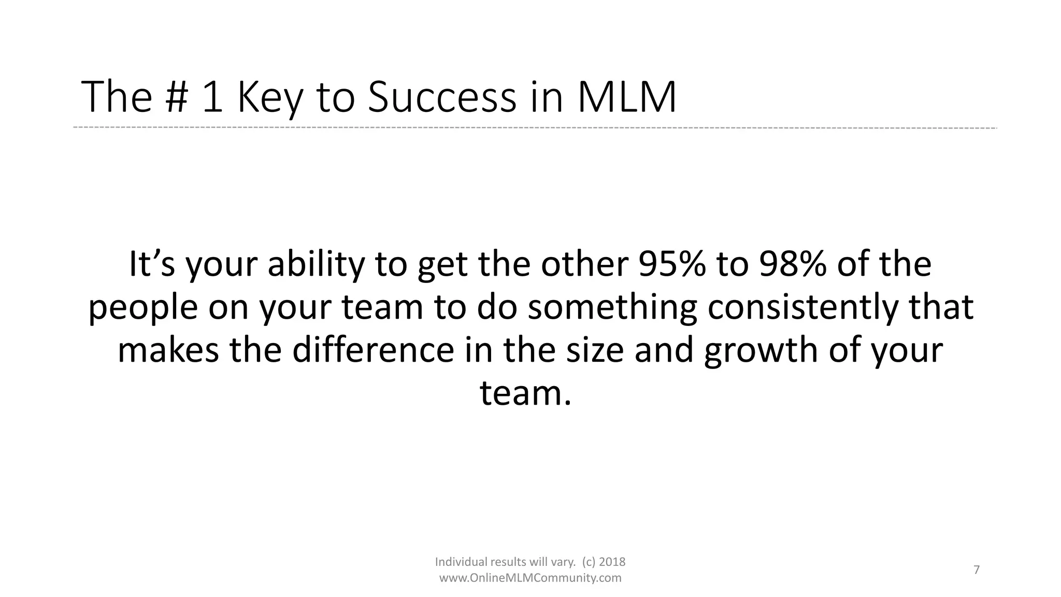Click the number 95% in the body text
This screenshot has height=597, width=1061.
click(672, 264)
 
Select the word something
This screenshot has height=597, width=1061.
click(612, 307)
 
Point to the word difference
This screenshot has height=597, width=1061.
click(374, 350)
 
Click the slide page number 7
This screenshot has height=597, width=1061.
click(977, 570)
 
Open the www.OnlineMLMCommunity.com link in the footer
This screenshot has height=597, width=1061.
click(530, 578)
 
